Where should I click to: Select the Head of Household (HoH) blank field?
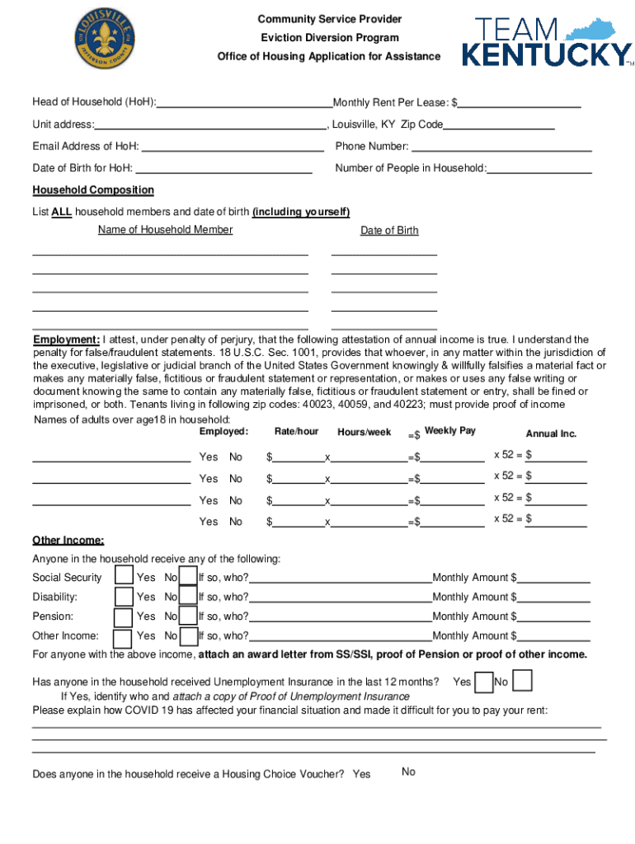[x=244, y=103]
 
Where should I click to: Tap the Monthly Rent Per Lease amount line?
[x=520, y=103]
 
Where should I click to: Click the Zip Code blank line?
[x=499, y=124]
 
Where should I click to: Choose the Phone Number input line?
[x=501, y=147]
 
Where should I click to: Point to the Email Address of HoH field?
[x=233, y=147]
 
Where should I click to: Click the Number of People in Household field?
[x=540, y=168]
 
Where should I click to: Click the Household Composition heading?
[x=93, y=190]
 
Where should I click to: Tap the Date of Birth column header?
[x=389, y=231]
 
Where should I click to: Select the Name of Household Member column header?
[x=165, y=230]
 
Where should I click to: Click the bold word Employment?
[x=67, y=340]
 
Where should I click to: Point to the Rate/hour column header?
[x=296, y=432]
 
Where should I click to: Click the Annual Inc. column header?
[x=551, y=434]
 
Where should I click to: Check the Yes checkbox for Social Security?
[x=124, y=576]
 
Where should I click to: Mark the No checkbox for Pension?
[x=188, y=617]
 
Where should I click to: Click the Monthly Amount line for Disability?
[x=554, y=598]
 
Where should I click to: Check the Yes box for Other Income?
[x=123, y=637]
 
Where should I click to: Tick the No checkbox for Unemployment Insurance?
[x=522, y=682]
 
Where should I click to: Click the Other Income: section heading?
[x=68, y=541]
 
